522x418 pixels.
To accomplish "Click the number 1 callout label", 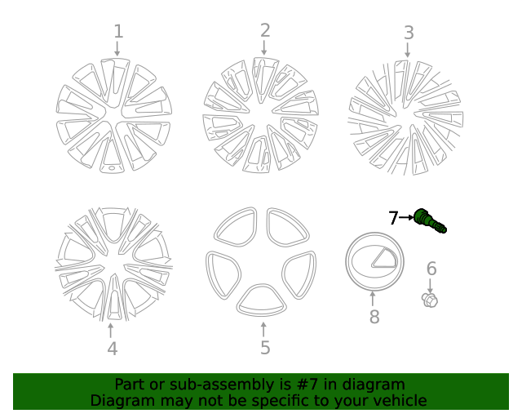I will (x=118, y=32).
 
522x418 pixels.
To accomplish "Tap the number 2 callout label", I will (x=265, y=31).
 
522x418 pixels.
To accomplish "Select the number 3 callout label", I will (x=409, y=33).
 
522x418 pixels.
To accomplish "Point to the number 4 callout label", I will (x=112, y=349).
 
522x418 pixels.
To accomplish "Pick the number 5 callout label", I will (x=265, y=348).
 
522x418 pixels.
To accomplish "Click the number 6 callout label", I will (x=431, y=269).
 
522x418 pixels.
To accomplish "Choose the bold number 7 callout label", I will (x=393, y=218).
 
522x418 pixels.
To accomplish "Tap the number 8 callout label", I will (x=374, y=317).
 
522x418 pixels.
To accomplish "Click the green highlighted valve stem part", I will (x=430, y=220).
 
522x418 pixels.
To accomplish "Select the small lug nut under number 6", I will (x=430, y=300).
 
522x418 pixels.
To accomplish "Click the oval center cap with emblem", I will (x=374, y=260).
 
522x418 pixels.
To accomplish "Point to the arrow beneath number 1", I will (x=117, y=49).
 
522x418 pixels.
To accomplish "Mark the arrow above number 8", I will (x=374, y=299).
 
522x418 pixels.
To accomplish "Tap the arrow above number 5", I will (x=263, y=329).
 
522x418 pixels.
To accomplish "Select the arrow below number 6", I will (x=431, y=285).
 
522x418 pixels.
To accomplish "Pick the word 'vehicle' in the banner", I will (x=399, y=400).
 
